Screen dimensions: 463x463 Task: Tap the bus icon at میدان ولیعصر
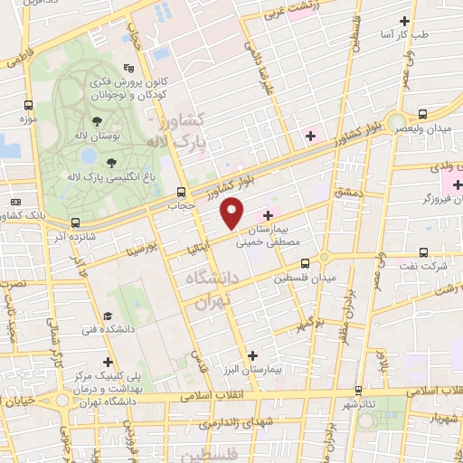pyautogui.click(x=422, y=114)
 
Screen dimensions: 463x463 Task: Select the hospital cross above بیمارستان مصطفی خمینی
pyautogui.click(x=268, y=215)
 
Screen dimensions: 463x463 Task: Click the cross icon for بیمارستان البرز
pyautogui.click(x=252, y=355)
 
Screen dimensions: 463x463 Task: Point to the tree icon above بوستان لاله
pyautogui.click(x=95, y=120)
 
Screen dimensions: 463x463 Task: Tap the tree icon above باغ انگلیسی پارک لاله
pyautogui.click(x=110, y=163)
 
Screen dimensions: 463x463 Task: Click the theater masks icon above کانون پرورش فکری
pyautogui.click(x=129, y=67)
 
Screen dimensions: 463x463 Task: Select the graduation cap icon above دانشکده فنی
pyautogui.click(x=108, y=317)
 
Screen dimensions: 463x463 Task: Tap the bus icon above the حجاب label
pyautogui.click(x=182, y=192)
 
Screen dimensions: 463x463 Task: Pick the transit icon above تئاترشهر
pyautogui.click(x=359, y=391)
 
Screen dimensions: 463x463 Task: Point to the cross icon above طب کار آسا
pyautogui.click(x=404, y=20)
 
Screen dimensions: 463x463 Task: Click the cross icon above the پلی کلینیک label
pyautogui.click(x=108, y=362)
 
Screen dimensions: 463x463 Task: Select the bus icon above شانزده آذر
pyautogui.click(x=75, y=222)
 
